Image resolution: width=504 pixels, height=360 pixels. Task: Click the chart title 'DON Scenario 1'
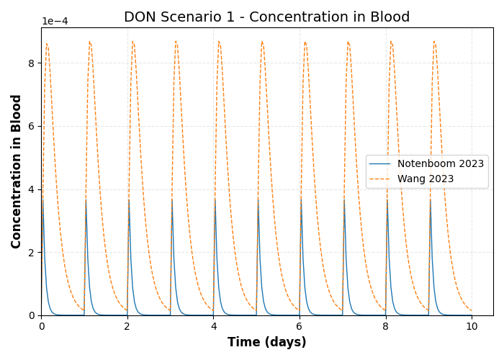point(266,17)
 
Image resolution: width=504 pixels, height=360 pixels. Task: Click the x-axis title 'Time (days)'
point(266,343)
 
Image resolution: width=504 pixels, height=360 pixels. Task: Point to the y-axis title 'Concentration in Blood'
point(17,171)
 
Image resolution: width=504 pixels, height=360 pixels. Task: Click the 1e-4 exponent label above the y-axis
point(55,22)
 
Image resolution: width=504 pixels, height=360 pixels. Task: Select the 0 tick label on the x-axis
point(41,327)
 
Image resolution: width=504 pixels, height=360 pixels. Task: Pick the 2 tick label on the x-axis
point(127,327)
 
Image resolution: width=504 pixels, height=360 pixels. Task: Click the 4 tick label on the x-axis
point(213,327)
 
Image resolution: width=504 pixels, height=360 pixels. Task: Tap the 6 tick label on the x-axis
point(300,327)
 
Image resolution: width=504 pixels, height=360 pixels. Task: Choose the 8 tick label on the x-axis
point(385,327)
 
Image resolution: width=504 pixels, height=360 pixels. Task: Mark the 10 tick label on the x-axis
point(472,327)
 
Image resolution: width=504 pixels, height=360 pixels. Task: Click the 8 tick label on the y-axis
point(32,63)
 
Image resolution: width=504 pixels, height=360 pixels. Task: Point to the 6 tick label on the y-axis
point(32,126)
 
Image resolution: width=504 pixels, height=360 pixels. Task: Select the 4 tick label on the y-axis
point(32,189)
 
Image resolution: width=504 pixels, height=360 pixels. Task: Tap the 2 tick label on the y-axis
point(32,253)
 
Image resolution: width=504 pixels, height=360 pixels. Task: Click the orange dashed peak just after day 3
point(176,42)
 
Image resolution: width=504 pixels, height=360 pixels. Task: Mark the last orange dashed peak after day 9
point(434,42)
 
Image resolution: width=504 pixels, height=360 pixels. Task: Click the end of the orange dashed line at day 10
point(472,310)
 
